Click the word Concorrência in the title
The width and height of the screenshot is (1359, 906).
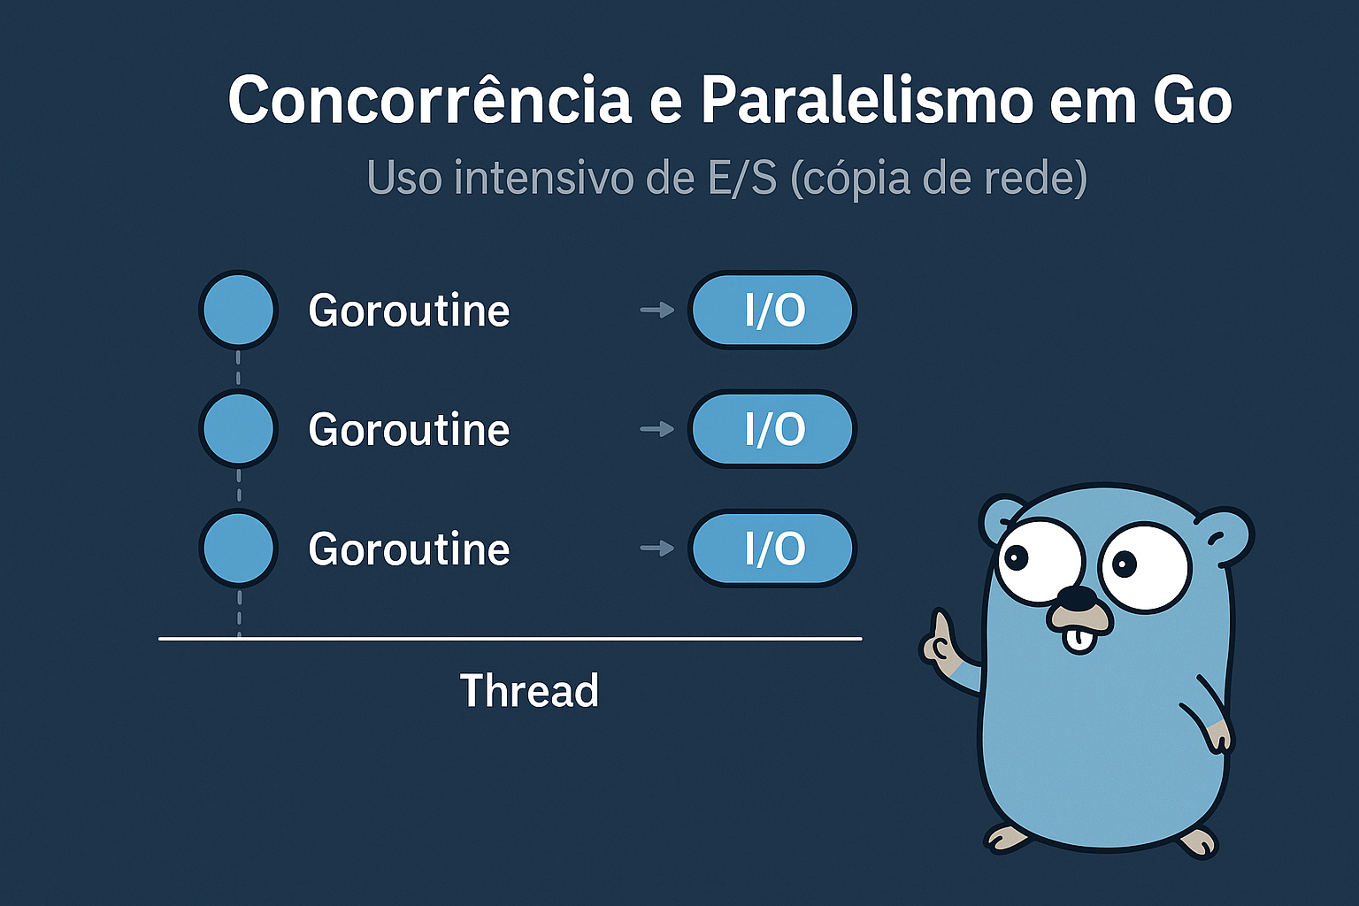point(430,100)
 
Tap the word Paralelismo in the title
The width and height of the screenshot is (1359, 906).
point(867,100)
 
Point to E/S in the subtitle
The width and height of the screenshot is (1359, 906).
point(742,178)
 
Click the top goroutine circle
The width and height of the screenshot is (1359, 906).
point(238,310)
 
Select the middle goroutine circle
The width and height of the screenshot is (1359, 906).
point(238,428)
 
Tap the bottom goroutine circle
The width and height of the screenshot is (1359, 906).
point(238,548)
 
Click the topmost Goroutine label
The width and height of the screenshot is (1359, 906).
point(409,311)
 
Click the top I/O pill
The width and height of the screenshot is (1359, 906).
point(772,310)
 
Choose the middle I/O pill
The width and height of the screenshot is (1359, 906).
point(772,428)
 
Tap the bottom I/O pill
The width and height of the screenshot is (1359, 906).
point(772,548)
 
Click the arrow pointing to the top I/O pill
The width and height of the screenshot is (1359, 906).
point(657,310)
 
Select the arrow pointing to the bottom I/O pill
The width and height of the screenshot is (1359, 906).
point(657,549)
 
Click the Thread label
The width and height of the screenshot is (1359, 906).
point(530,691)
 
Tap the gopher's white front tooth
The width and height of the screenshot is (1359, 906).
point(1078,641)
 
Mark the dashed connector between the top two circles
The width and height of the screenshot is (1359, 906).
point(238,368)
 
